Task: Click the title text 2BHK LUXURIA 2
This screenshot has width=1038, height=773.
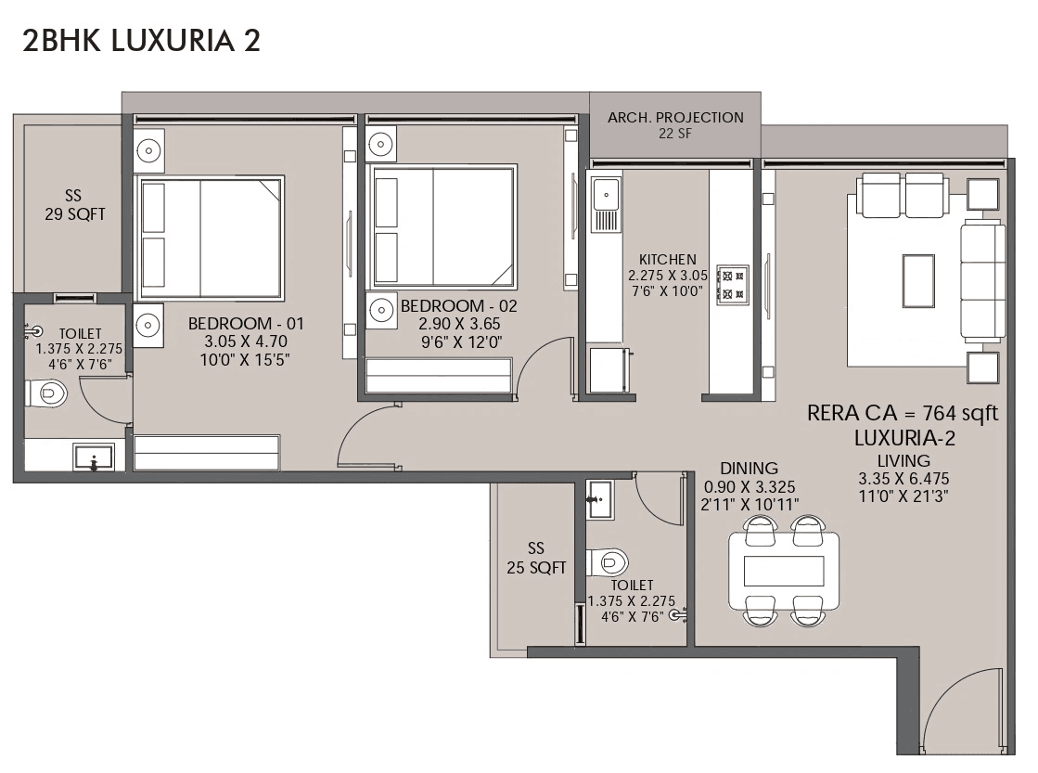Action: point(140,40)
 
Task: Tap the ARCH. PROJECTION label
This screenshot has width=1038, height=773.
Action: point(675,118)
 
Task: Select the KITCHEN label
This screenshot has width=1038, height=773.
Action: point(667,260)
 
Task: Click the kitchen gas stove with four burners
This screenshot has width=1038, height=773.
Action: point(732,284)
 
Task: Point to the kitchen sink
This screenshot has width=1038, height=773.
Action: point(608,196)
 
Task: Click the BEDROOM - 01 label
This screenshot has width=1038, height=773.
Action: point(246,324)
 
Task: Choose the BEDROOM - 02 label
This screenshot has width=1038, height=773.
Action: point(458,305)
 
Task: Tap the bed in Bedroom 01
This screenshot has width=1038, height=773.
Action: point(211,237)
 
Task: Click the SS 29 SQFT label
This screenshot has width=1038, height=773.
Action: point(73,205)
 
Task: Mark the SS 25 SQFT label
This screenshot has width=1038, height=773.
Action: point(536,558)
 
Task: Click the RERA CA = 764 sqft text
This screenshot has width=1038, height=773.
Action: point(903,414)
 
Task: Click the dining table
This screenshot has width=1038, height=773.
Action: point(784,571)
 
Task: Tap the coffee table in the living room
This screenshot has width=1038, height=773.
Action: point(918,279)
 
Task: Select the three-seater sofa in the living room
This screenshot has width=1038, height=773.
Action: point(982,279)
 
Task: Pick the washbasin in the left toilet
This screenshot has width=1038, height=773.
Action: point(94,457)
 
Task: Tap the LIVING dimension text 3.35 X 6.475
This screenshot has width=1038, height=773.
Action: point(903,479)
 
